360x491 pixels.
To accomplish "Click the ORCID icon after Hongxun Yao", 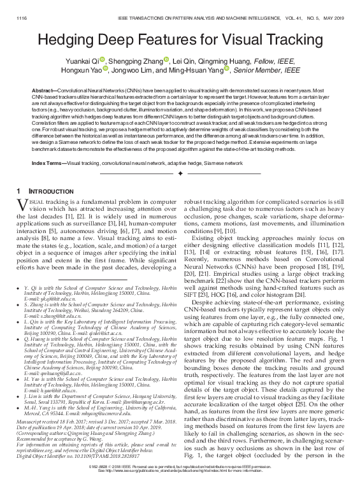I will (105, 69).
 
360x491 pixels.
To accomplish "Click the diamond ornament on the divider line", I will (180, 173).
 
